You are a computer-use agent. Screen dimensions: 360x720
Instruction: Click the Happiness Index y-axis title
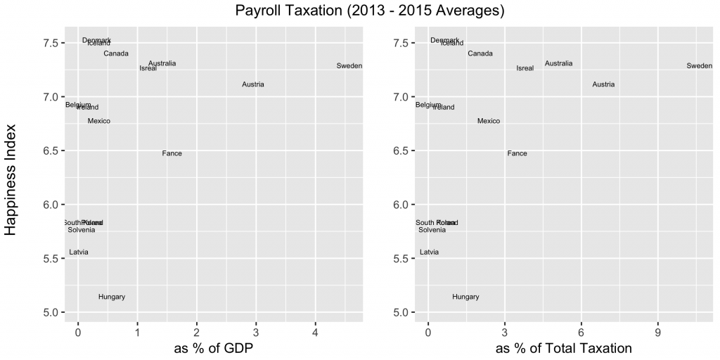pos(11,177)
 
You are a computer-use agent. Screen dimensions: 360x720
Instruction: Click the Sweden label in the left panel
pos(349,66)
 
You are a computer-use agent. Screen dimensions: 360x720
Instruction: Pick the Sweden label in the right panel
pos(700,66)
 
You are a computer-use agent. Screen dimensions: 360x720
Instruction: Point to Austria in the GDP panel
pos(253,85)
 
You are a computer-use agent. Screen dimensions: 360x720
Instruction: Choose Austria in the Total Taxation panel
pos(603,85)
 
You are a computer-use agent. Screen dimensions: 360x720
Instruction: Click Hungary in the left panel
pos(112,297)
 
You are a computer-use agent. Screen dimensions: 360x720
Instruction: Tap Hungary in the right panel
pos(465,297)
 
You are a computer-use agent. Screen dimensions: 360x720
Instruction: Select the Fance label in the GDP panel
pos(172,154)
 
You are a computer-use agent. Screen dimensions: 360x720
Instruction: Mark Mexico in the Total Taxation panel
pos(489,122)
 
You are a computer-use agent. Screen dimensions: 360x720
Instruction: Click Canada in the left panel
pos(116,54)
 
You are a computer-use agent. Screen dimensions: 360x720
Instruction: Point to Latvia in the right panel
pos(429,252)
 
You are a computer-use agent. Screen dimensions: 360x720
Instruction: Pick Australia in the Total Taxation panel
pos(558,64)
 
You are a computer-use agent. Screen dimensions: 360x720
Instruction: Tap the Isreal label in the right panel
pos(525,69)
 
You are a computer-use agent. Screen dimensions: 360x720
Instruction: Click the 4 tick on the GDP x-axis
pos(316,332)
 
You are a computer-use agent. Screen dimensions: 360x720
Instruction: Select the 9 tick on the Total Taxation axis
pos(658,332)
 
